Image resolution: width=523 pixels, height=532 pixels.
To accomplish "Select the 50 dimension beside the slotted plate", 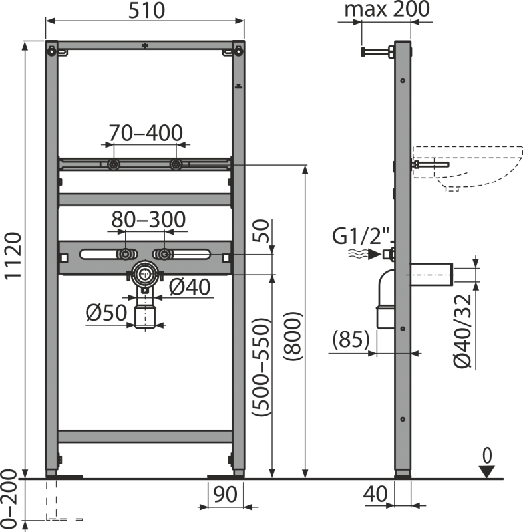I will tap(263, 231).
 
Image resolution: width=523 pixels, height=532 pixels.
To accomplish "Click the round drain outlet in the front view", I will tap(145, 272).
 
